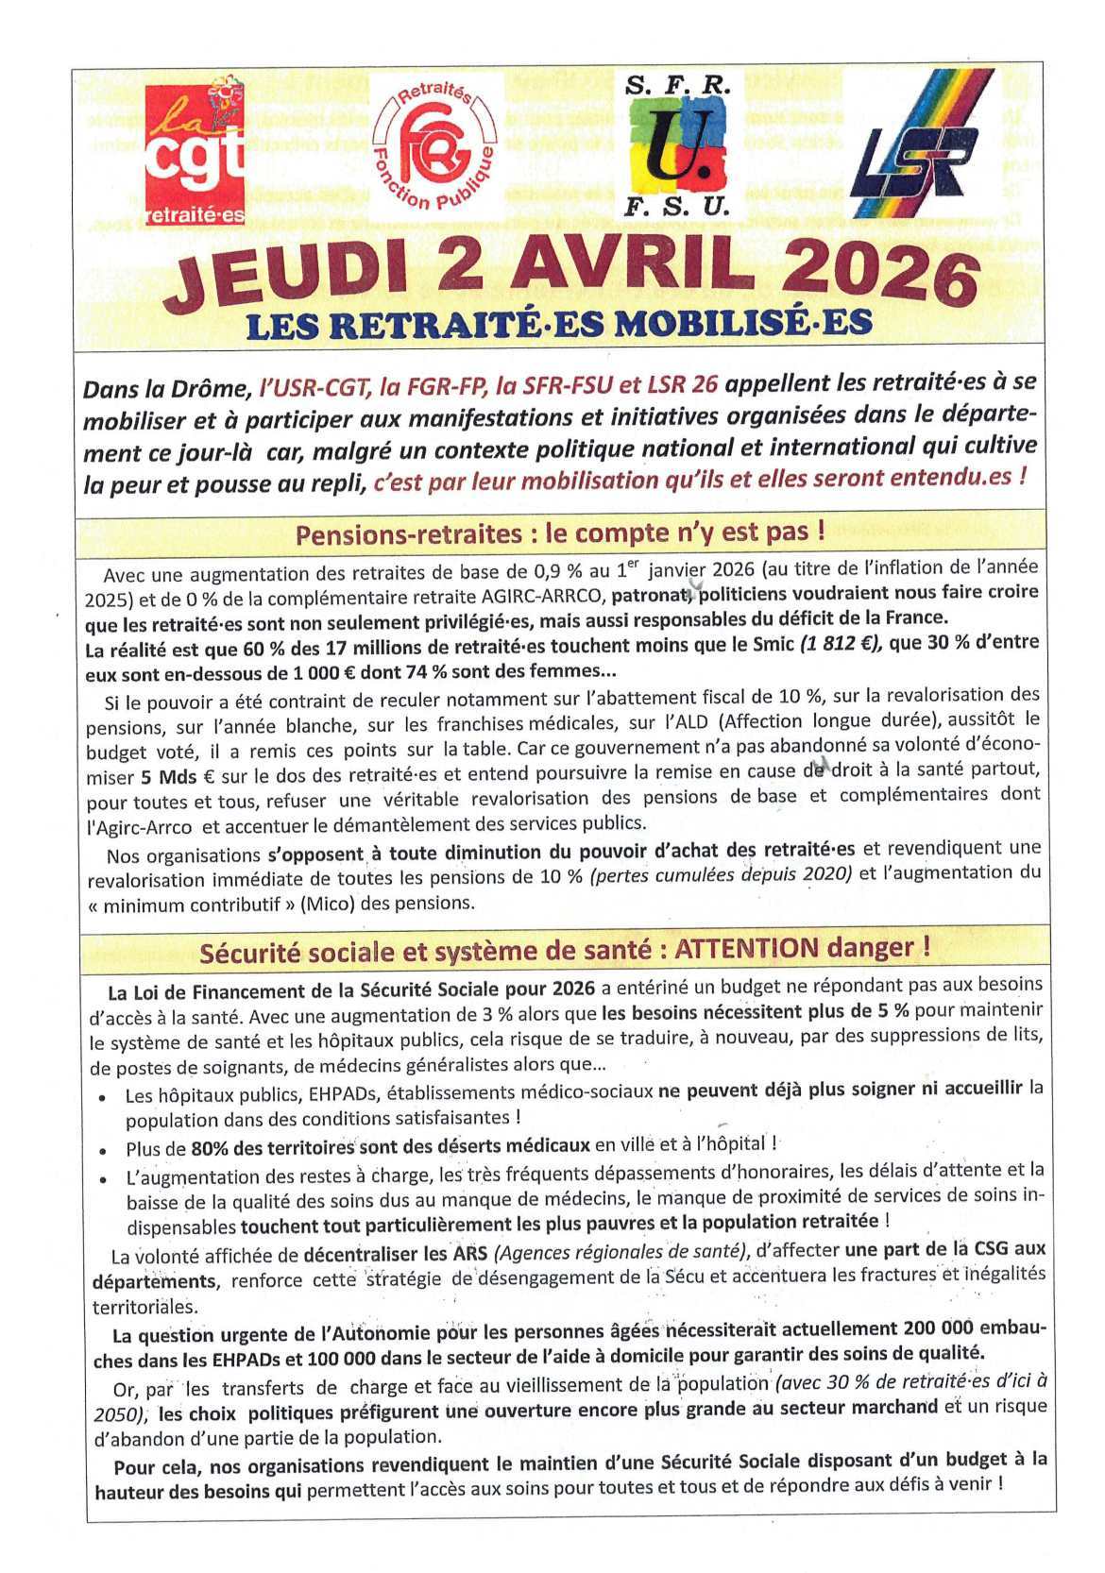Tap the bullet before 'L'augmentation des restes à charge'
tap(102, 1178)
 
